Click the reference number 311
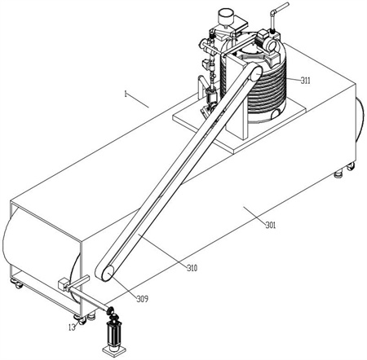(x=305, y=81)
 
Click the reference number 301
(x=270, y=225)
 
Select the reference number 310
(x=192, y=268)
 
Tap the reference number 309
(x=143, y=299)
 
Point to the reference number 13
(x=72, y=327)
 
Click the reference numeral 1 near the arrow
(x=126, y=94)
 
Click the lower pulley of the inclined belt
(x=108, y=274)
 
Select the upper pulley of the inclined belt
(x=255, y=73)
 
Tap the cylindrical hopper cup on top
(x=226, y=16)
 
